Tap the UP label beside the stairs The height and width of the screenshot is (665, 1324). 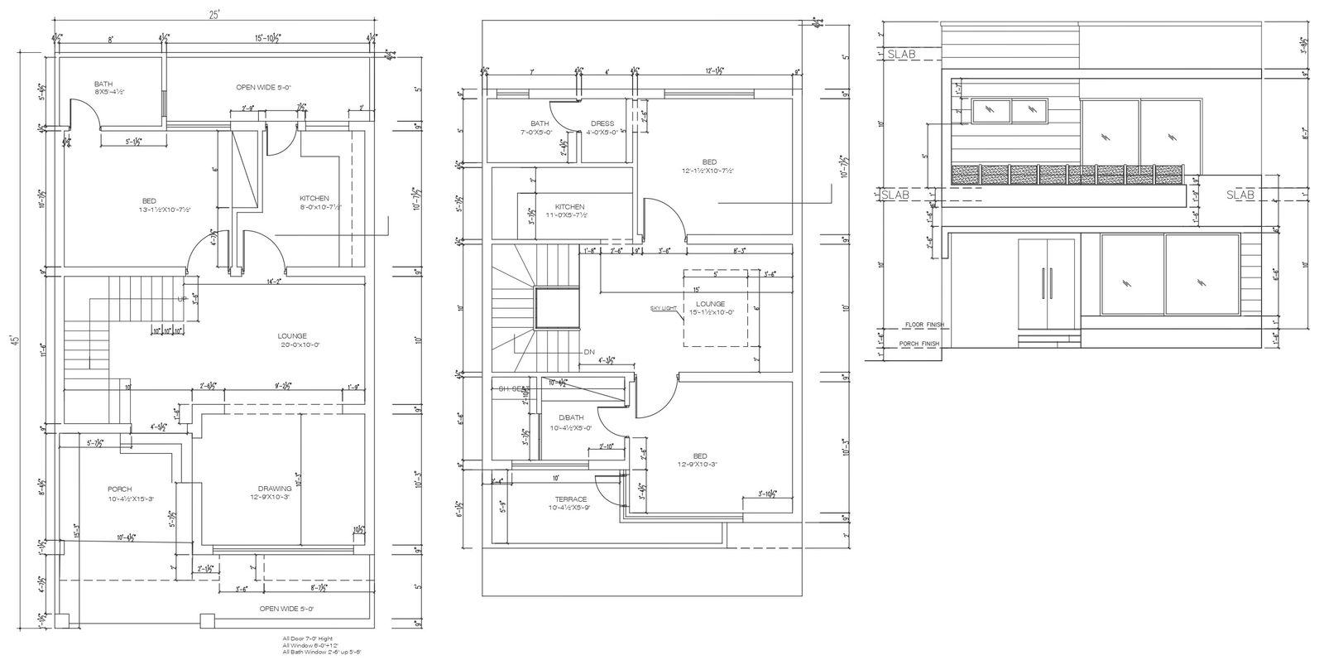tap(180, 299)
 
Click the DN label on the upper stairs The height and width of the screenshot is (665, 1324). tap(588, 352)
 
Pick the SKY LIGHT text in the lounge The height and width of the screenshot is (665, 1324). tap(664, 308)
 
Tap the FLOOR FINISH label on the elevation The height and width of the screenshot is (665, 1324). tap(924, 325)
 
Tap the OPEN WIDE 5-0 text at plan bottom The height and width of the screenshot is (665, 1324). tap(286, 609)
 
